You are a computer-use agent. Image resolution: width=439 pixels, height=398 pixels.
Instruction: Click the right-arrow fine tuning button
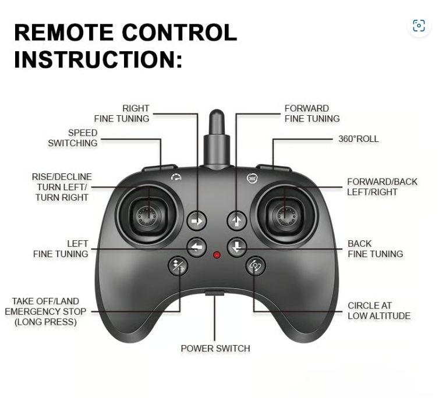[x=197, y=221]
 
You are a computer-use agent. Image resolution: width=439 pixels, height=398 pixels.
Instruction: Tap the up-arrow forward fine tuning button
[x=237, y=221]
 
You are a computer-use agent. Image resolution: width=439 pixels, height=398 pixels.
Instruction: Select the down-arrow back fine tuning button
[x=237, y=247]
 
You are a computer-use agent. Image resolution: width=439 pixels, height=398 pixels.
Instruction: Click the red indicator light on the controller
[x=217, y=255]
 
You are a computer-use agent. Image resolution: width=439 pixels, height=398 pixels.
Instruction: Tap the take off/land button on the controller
[x=178, y=266]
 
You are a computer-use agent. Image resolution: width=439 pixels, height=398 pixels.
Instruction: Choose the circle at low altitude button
[x=256, y=266]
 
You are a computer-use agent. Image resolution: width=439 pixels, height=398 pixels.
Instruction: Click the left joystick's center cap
[x=147, y=216]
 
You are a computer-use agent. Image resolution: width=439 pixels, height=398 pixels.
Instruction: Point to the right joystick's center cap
[x=286, y=216]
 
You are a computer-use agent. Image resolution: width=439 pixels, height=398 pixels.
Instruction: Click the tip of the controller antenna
[x=217, y=111]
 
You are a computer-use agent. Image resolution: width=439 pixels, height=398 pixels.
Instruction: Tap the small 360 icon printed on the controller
[x=252, y=178]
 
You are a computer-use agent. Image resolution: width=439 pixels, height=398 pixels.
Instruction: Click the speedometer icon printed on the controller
[x=176, y=177]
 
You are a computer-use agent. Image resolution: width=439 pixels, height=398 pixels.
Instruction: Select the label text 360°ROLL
[x=359, y=139]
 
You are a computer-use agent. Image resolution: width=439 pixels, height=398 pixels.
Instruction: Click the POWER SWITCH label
[x=215, y=349]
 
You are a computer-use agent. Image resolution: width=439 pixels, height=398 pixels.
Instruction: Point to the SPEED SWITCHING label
[x=73, y=138]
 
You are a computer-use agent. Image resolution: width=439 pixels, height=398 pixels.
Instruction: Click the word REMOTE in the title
[x=64, y=33]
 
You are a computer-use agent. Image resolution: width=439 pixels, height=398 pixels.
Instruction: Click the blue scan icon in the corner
[x=419, y=26]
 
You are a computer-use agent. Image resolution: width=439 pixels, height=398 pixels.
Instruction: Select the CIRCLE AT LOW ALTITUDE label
[x=379, y=311]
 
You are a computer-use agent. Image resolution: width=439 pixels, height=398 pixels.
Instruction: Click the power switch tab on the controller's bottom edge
[x=215, y=293]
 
